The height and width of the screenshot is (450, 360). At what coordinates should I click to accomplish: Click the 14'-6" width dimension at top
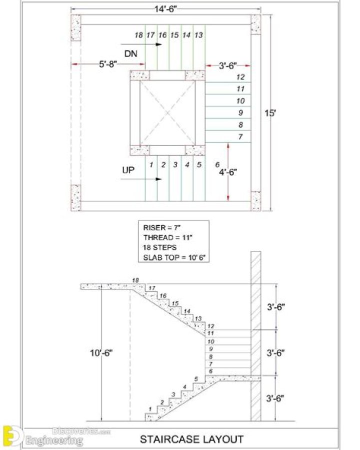coord(165,9)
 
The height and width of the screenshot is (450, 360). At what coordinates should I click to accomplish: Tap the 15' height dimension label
coord(269,113)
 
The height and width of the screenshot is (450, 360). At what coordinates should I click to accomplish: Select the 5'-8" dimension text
coord(108,64)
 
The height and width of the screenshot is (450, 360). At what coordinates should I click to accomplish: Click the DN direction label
coord(130,54)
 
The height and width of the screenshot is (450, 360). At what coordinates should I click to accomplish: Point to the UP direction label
coord(128,170)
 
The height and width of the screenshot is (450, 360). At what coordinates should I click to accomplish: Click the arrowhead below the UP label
coord(158,179)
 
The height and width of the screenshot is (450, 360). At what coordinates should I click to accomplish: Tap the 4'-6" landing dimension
coord(228,172)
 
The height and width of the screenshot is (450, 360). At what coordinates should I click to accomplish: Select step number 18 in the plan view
coord(138,36)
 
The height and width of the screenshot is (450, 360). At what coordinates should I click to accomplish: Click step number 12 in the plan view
coord(240,77)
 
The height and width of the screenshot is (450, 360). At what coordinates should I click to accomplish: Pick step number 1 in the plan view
coord(151,165)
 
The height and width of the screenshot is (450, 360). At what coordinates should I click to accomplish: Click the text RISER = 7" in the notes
coord(162,228)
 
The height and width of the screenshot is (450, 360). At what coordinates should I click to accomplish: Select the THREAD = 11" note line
coord(167,238)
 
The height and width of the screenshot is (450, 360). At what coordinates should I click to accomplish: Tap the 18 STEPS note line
coord(159,247)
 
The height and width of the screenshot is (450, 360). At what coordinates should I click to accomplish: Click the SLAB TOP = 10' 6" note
coord(174,257)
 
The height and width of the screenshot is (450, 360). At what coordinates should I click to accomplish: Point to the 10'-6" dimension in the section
coord(101,353)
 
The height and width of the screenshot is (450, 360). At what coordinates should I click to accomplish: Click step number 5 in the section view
coord(196,379)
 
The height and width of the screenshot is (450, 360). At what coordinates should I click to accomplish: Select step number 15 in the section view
coord(175,303)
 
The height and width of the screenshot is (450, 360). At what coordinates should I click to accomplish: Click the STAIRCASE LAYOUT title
coord(191,439)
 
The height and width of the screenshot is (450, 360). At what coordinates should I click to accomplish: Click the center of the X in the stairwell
coord(168,113)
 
